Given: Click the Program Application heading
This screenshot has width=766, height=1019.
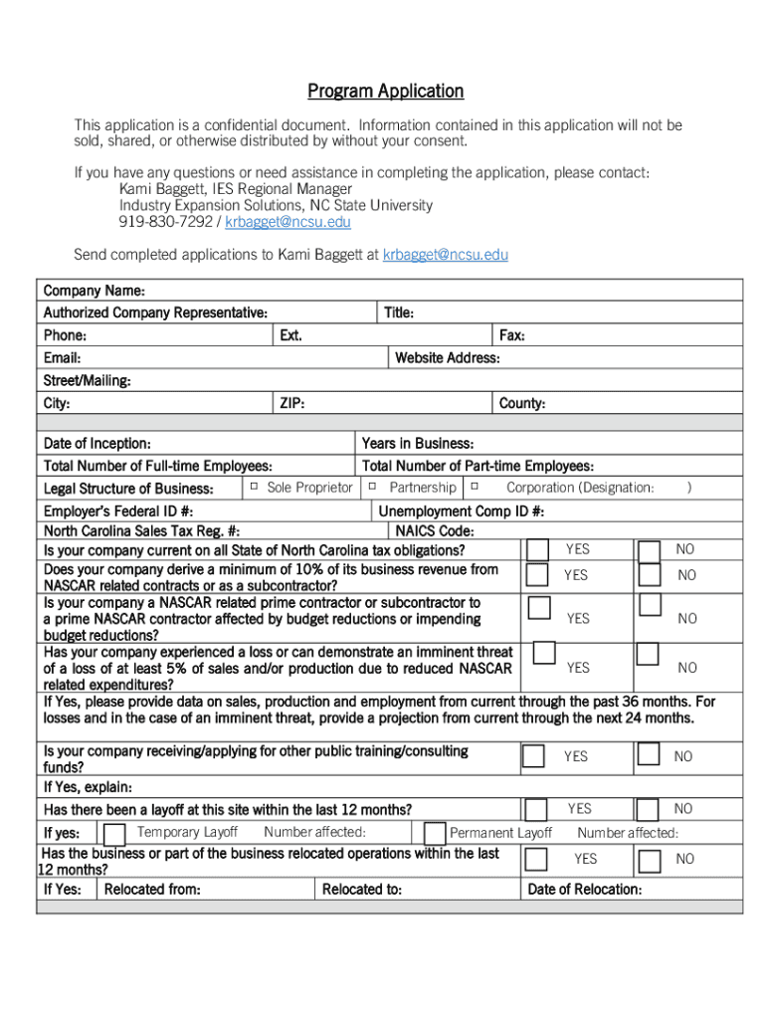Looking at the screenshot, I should click(385, 92).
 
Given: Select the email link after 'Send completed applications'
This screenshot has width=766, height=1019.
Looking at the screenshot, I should click(445, 255).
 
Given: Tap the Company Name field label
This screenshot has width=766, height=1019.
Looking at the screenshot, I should click(95, 291).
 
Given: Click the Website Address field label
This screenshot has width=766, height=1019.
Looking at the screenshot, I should click(447, 358).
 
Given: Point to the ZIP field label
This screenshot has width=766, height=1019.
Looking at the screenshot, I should click(291, 404).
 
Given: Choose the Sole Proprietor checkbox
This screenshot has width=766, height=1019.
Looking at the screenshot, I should click(254, 487).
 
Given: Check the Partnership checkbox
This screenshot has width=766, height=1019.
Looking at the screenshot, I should click(371, 487).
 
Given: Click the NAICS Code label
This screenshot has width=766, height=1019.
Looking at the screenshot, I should click(435, 532).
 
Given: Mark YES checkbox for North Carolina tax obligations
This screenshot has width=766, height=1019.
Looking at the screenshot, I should click(537, 550).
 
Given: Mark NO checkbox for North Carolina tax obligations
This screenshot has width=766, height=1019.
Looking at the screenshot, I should click(649, 550).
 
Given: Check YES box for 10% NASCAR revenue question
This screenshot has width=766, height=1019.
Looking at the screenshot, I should click(537, 574).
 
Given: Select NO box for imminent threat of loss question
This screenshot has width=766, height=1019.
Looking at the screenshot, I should click(648, 654).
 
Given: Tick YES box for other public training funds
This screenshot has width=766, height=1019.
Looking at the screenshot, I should click(534, 756).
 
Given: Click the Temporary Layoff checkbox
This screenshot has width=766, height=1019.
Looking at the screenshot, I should click(115, 833).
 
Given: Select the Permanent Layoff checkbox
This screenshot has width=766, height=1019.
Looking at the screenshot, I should click(434, 833).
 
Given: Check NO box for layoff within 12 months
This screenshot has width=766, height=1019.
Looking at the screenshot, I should click(648, 809).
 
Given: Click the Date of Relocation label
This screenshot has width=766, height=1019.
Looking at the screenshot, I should click(584, 890).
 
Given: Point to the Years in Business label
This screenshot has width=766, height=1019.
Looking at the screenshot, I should click(417, 444).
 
